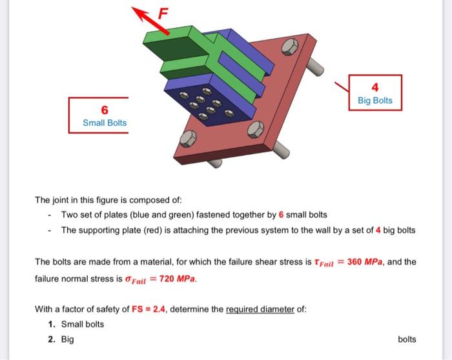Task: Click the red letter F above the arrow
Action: click(163, 14)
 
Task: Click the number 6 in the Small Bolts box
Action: click(105, 110)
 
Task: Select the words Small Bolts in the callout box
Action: click(105, 123)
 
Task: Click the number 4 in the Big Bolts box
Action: click(375, 87)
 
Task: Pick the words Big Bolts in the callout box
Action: click(375, 100)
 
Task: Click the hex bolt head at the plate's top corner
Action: click(290, 46)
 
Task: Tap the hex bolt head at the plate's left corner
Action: click(188, 139)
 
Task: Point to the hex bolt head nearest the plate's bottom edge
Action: click(256, 129)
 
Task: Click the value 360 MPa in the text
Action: click(365, 262)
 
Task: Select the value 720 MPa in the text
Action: click(177, 279)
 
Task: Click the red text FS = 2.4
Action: click(149, 309)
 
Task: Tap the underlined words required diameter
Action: click(260, 309)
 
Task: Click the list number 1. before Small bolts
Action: click(52, 325)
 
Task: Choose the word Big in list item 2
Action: click(67, 339)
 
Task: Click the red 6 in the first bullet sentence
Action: click(281, 215)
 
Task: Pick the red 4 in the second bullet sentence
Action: click(378, 230)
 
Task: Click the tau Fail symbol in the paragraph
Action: click(324, 263)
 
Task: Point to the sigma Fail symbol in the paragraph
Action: click(135, 279)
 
